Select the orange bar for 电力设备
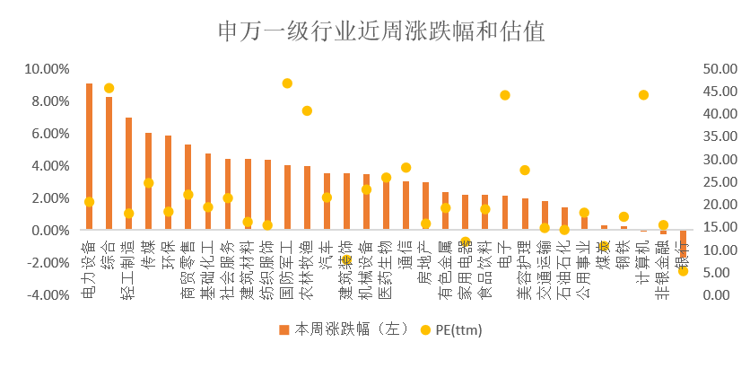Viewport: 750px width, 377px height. click(x=89, y=157)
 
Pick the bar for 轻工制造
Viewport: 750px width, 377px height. click(x=128, y=174)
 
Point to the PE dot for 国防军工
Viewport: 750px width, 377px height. click(x=287, y=83)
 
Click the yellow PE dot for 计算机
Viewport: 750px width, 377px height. click(x=643, y=95)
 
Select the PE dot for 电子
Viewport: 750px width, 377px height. click(x=505, y=95)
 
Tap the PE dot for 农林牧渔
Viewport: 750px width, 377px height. click(x=307, y=110)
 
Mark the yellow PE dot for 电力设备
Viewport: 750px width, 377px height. click(x=89, y=202)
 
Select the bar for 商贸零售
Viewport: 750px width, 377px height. click(x=187, y=188)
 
